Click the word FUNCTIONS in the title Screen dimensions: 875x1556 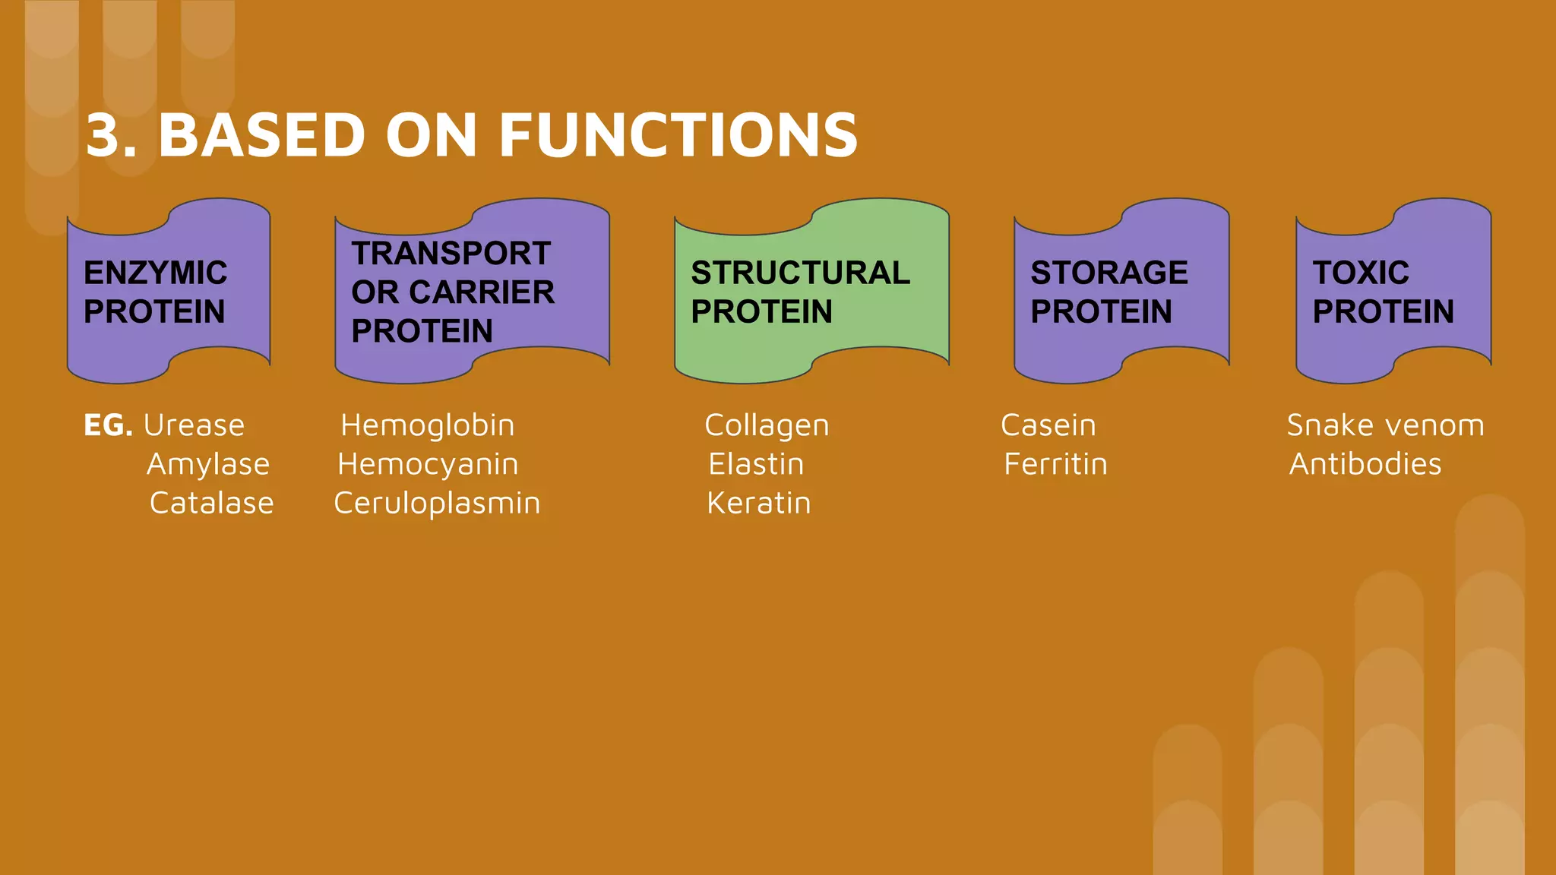coord(678,135)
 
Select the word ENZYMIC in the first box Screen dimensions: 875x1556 coord(155,273)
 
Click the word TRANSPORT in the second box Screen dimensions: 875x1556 coord(451,254)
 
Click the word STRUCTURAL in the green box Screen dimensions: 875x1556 coord(800,273)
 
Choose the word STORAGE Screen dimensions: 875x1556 coord(1108,273)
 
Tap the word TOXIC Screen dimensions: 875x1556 coord(1360,273)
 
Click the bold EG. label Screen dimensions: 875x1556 coord(108,425)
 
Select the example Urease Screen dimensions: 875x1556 coord(194,425)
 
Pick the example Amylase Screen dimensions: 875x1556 coord(208,464)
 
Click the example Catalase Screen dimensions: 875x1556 coord(211,503)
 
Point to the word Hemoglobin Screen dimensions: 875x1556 coord(427,425)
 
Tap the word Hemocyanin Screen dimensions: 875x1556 coord(428,464)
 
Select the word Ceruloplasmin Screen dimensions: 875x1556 coord(437,503)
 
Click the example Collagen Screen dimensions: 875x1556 coord(767,425)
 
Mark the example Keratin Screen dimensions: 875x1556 coord(758,503)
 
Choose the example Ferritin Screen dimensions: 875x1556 coord(1055,464)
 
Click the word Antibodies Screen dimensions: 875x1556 coord(1365,464)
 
